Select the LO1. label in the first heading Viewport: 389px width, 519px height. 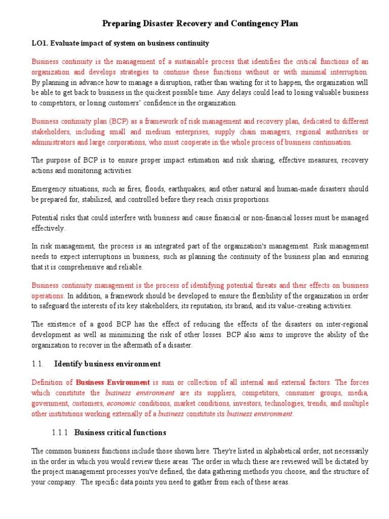coord(40,44)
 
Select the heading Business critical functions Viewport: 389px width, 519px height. coord(120,433)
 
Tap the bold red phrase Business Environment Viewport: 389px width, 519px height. coord(112,382)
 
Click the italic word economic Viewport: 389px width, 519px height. coord(121,403)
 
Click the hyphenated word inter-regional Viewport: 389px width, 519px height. coord(347,324)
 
